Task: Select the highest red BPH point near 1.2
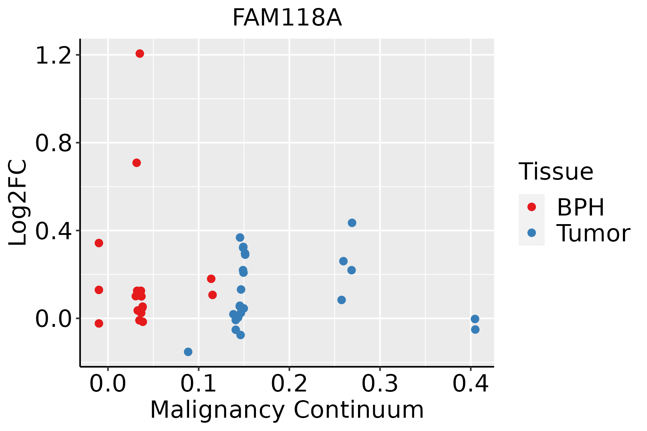pos(140,54)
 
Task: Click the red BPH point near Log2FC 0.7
pos(137,163)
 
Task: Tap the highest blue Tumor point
pos(352,223)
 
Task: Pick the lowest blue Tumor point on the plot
pos(188,352)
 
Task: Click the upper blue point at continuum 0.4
pos(475,319)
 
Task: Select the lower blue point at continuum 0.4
pos(475,329)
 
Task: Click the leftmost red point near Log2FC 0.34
pos(99,243)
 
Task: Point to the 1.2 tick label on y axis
pos(54,56)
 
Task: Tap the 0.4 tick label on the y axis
pos(54,232)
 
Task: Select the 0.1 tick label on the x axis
pos(198,384)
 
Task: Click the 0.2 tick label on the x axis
pos(289,384)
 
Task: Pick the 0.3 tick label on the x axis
pos(380,384)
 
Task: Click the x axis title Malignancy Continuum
pos(287,410)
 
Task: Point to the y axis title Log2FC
pos(18,203)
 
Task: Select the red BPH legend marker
pos(531,207)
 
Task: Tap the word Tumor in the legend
pos(593,233)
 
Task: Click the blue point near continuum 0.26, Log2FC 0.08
pos(341,300)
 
